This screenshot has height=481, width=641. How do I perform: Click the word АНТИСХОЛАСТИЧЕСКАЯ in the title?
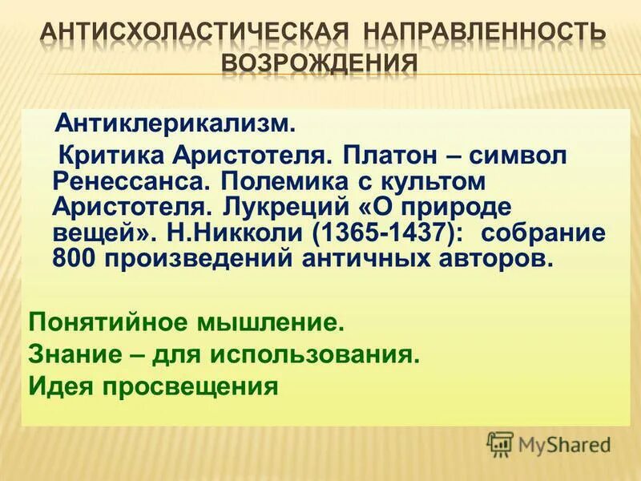(x=194, y=34)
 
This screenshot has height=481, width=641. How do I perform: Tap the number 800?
(x=76, y=259)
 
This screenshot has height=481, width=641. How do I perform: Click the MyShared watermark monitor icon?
(x=500, y=443)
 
